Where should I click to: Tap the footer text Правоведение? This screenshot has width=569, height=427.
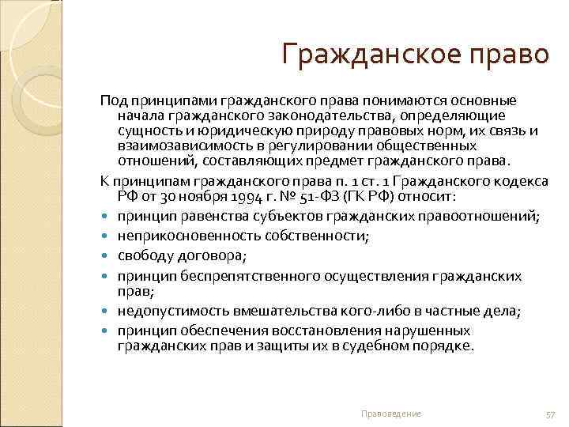[391, 414]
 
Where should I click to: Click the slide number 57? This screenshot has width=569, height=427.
[551, 414]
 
